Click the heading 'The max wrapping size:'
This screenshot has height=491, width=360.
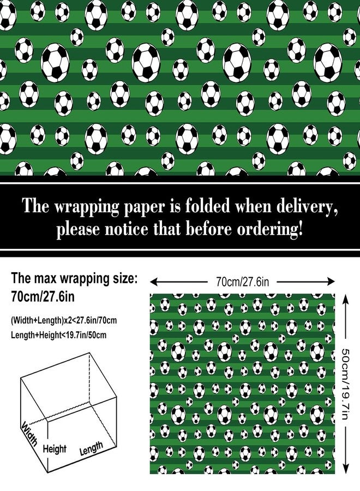pyautogui.click(x=74, y=278)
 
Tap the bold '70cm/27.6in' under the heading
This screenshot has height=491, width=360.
pyautogui.click(x=43, y=296)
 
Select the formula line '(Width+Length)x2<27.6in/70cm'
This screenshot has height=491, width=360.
pyautogui.click(x=64, y=321)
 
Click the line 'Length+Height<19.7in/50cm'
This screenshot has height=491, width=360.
pyautogui.click(x=58, y=335)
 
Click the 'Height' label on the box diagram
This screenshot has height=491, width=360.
pyautogui.click(x=55, y=449)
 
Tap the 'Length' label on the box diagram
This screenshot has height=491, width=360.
pyautogui.click(x=91, y=448)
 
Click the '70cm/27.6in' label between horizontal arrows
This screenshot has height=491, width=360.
pyautogui.click(x=242, y=282)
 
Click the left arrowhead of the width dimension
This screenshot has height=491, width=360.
pyautogui.click(x=153, y=282)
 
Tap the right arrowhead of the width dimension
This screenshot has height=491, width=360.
pyautogui.click(x=331, y=282)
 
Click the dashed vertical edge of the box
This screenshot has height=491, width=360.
pyautogui.click(x=91, y=379)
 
